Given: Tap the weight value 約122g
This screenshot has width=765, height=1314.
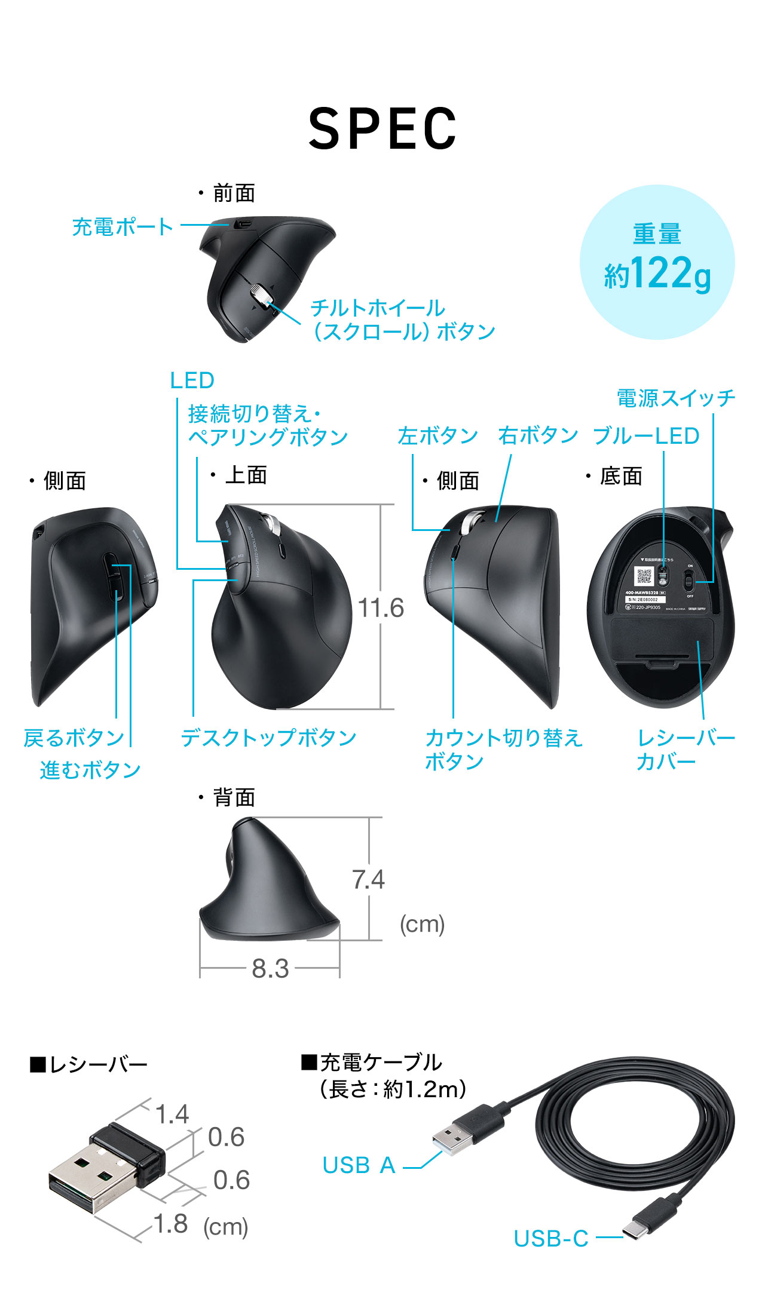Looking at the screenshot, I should click(657, 274).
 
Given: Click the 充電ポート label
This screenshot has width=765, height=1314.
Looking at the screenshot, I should click(123, 227).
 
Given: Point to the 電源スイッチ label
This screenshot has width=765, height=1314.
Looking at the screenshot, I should click(675, 398).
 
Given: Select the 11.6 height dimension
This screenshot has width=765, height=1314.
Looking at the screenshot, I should click(381, 608).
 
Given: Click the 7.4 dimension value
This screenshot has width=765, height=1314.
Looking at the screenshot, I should click(368, 880).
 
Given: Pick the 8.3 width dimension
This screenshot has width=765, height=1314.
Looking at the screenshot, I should click(270, 969).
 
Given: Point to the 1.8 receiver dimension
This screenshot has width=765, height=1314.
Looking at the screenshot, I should click(172, 1224).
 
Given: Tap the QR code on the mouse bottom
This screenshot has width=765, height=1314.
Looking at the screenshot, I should click(644, 576).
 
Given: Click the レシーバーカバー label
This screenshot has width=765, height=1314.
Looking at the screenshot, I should click(686, 750).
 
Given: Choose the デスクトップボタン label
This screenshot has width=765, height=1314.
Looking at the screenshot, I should click(268, 738).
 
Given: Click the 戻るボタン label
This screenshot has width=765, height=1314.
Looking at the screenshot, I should click(74, 738).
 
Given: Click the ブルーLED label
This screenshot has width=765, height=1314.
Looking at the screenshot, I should click(645, 436).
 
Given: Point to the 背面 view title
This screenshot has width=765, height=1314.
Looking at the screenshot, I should click(234, 798).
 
